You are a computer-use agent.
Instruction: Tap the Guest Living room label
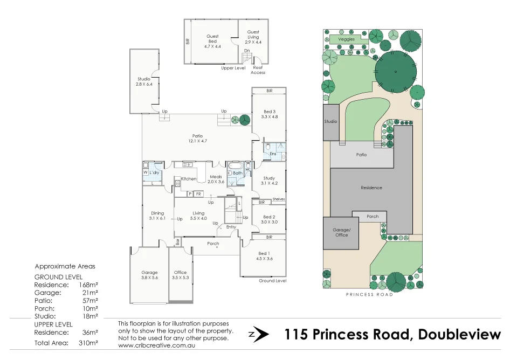pyautogui.click(x=253, y=37)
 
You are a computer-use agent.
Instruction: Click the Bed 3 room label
pyautogui.click(x=269, y=114)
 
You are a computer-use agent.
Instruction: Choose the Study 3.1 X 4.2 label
pyautogui.click(x=269, y=181)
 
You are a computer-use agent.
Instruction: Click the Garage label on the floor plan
pyautogui.click(x=149, y=275)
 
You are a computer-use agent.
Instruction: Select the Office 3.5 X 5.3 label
pyautogui.click(x=180, y=275)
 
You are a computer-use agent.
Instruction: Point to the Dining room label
pyautogui.click(x=157, y=216)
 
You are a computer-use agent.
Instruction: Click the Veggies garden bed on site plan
pyautogui.click(x=346, y=39)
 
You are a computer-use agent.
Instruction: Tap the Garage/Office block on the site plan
pyautogui.click(x=341, y=233)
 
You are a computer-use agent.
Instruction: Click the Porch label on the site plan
pyautogui.click(x=372, y=217)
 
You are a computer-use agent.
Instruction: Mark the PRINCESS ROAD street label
pyautogui.click(x=369, y=295)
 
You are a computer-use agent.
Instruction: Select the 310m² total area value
pyautogui.click(x=88, y=343)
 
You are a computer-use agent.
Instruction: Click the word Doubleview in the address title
pyautogui.click(x=459, y=334)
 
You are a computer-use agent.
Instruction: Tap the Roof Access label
pyautogui.click(x=258, y=70)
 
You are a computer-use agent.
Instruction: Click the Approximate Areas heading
pyautogui.click(x=65, y=266)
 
